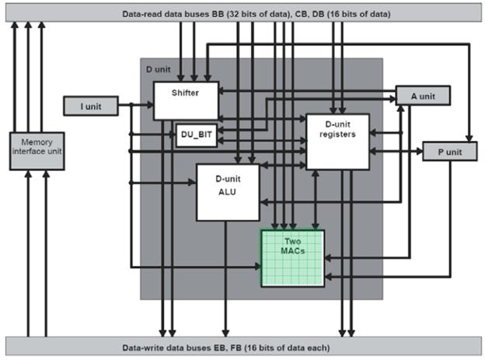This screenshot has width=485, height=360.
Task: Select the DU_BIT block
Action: (x=195, y=135)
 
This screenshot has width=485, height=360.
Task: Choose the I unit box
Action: (x=91, y=104)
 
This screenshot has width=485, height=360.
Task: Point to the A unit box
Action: (x=423, y=96)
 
